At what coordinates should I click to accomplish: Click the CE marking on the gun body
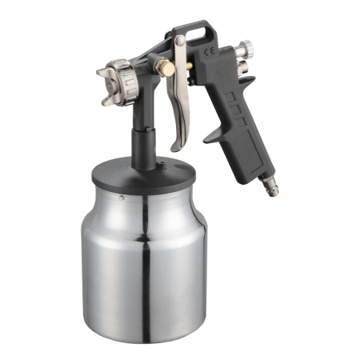tap(209, 51)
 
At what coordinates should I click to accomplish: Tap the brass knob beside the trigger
tap(168, 69)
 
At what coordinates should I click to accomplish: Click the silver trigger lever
tap(178, 94)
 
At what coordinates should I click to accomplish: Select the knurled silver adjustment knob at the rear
tap(245, 48)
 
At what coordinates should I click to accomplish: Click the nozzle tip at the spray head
tap(110, 86)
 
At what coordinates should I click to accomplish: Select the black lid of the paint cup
tap(144, 175)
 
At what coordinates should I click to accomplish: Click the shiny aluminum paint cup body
tap(144, 264)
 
